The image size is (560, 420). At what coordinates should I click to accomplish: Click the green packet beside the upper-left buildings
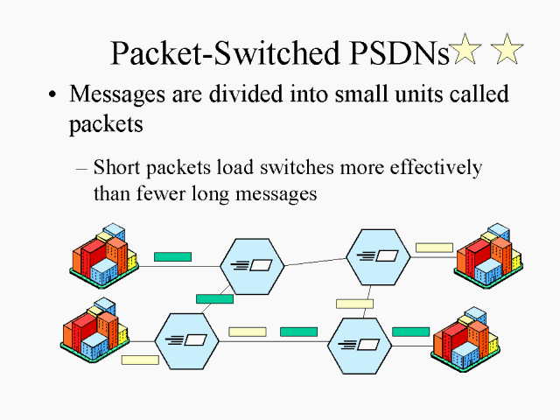pyautogui.click(x=172, y=257)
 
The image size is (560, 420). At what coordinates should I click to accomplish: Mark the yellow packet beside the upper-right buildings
pyautogui.click(x=434, y=248)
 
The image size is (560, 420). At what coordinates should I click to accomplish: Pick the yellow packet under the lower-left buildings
pyautogui.click(x=140, y=360)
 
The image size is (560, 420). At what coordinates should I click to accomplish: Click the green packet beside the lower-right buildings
pyautogui.click(x=410, y=332)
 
